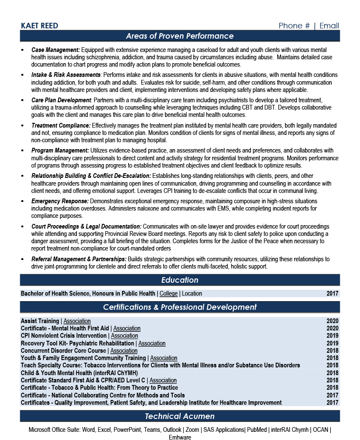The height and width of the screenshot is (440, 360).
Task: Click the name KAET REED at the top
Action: coord(40,26)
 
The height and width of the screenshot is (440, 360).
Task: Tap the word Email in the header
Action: coord(329,26)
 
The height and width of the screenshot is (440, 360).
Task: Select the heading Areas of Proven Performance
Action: coord(180,36)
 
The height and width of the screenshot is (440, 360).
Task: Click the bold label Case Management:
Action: coord(56,50)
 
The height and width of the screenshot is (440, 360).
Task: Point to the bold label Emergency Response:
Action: coord(60,201)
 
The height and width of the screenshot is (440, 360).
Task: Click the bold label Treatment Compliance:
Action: coord(61,125)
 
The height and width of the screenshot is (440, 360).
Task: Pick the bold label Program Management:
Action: coord(60,150)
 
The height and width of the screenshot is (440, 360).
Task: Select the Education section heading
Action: coord(180,280)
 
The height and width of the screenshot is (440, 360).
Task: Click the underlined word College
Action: coord(168,294)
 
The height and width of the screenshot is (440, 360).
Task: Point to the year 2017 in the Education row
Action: coord(332,294)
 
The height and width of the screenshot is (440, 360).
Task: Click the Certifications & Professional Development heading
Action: coord(180,307)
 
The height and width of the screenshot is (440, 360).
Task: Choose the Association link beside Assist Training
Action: coord(77,321)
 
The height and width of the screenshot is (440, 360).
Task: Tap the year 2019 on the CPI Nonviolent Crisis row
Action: coord(332,336)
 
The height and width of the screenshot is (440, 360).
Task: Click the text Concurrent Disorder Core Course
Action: coord(63,351)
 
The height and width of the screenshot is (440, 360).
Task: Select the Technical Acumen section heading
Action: coord(180,416)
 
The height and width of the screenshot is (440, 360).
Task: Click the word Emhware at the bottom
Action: coord(180,437)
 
